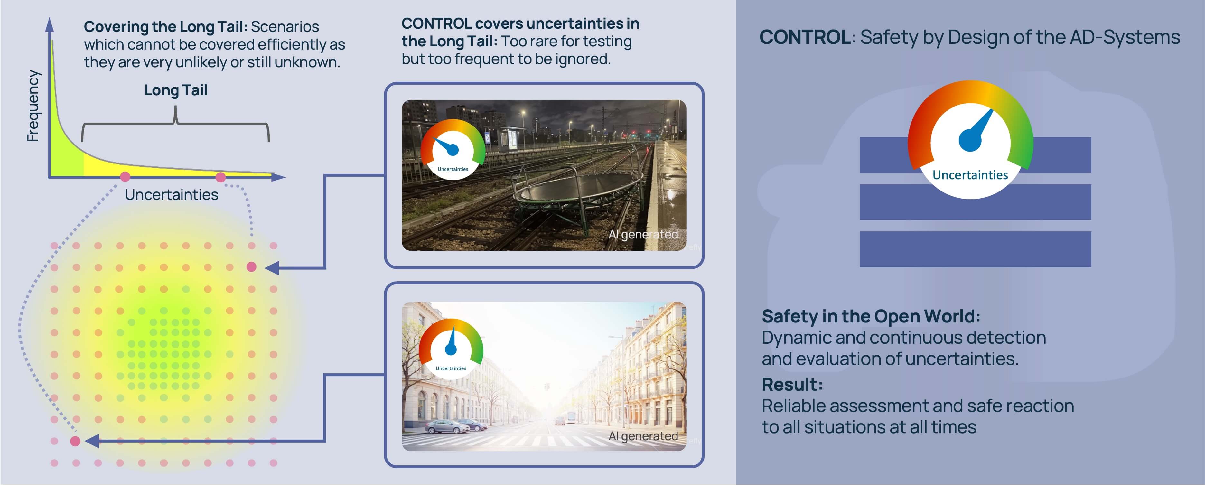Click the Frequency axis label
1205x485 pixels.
33,106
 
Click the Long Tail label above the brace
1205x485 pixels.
175,90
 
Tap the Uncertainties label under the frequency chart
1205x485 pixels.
171,195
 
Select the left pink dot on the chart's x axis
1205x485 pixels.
125,176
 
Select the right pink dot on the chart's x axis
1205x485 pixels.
221,177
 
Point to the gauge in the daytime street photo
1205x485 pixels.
451,349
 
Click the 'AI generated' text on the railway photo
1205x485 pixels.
643,234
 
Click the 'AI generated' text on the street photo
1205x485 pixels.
643,436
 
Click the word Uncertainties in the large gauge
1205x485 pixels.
970,175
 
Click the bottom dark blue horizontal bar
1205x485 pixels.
975,249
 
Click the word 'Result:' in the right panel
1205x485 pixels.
792,385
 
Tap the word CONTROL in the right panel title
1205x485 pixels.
805,37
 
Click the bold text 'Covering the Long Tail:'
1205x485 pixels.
166,27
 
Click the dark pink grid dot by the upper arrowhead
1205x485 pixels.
251,266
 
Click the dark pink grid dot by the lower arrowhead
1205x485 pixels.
75,441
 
